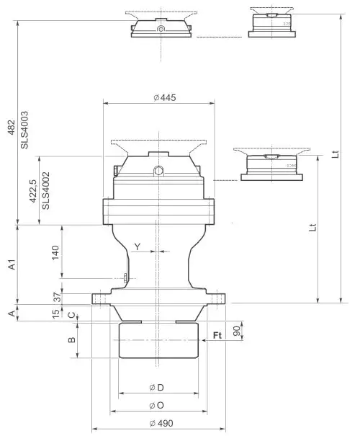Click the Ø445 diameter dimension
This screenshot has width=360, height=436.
[165, 97]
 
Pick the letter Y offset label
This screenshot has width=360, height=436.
[137, 246]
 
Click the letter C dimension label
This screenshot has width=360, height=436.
[71, 314]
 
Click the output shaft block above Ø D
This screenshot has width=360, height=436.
[158, 340]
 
